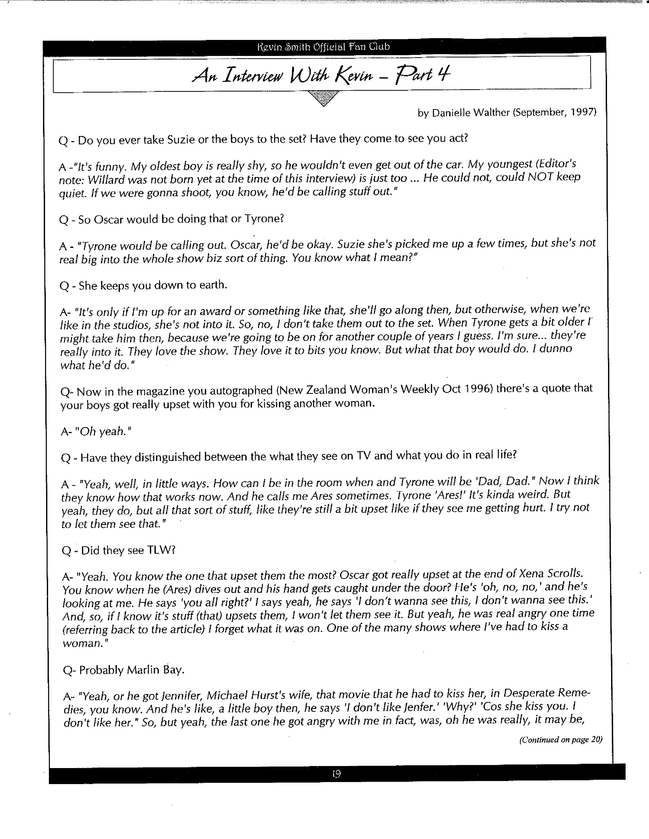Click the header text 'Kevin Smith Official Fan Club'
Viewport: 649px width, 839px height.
point(323,47)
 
